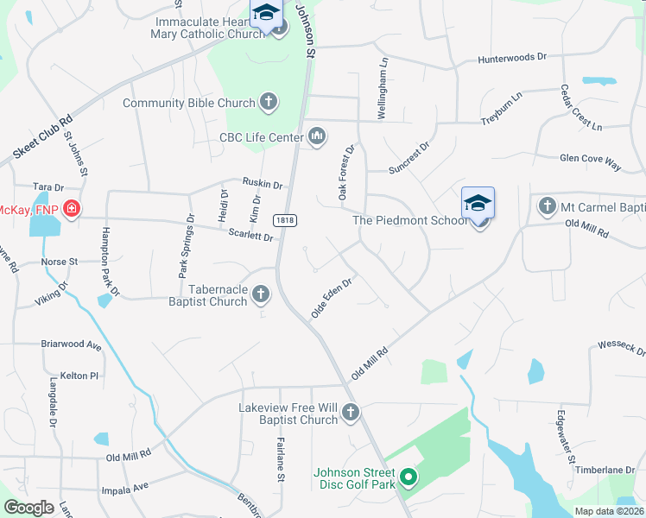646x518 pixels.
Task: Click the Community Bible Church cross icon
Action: (x=269, y=103)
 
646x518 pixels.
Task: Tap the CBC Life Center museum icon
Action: (x=317, y=136)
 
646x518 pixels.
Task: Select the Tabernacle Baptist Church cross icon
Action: (x=260, y=296)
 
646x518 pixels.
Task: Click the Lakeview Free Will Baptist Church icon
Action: (x=351, y=413)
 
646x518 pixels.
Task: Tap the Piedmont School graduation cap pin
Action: (x=478, y=205)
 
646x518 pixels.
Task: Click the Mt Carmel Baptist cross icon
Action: (x=546, y=206)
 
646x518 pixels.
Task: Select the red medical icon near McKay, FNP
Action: (x=71, y=209)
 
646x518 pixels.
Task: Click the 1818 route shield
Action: (x=284, y=220)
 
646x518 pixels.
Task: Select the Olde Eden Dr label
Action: (x=332, y=296)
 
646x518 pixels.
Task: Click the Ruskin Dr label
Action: (x=262, y=184)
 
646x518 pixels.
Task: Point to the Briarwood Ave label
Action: (x=71, y=345)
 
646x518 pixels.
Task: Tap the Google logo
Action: (x=29, y=508)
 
